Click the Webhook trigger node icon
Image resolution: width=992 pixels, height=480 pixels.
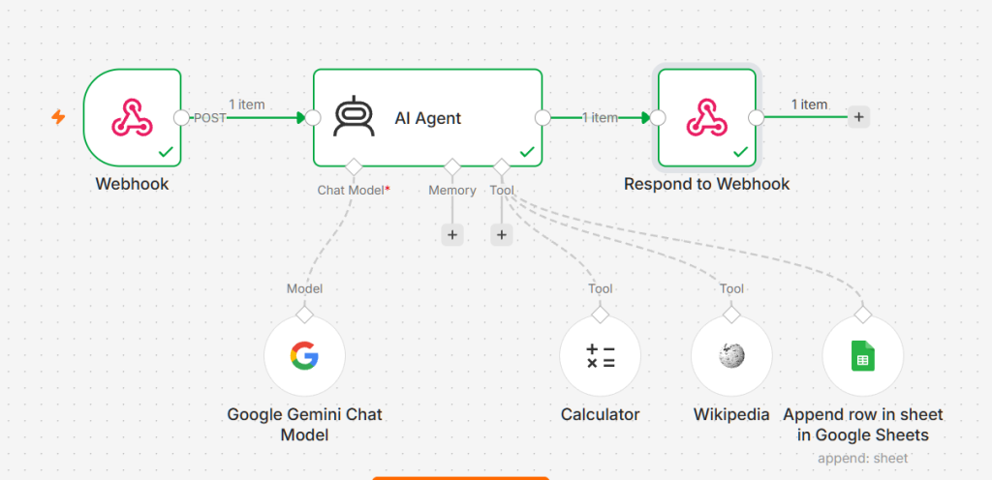(x=132, y=117)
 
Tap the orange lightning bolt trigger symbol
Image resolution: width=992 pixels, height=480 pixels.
(x=58, y=117)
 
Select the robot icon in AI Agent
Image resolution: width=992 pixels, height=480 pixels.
(x=355, y=117)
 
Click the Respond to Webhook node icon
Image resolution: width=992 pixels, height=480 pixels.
(x=707, y=117)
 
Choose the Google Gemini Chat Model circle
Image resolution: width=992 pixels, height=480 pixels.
(x=304, y=355)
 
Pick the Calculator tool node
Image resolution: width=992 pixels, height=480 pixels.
(x=601, y=355)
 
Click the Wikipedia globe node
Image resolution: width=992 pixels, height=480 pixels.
(x=731, y=355)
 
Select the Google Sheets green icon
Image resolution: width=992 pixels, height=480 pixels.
(x=862, y=355)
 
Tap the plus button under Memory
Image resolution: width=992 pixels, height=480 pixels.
(x=451, y=235)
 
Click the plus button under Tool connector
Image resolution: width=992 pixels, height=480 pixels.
(x=501, y=235)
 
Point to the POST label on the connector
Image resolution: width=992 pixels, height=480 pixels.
(x=209, y=117)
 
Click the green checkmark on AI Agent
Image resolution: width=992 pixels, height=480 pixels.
(x=527, y=152)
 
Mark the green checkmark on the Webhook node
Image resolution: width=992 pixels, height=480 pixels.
(x=166, y=152)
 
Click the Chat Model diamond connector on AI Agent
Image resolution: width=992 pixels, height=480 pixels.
(x=353, y=166)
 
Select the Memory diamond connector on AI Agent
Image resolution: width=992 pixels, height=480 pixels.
(x=451, y=166)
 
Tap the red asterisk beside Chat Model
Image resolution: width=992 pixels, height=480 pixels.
(x=387, y=188)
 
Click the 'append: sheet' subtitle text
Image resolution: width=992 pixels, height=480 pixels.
(x=862, y=458)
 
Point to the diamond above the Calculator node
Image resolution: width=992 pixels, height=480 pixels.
(x=601, y=314)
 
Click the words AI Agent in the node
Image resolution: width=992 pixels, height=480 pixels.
(x=427, y=118)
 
